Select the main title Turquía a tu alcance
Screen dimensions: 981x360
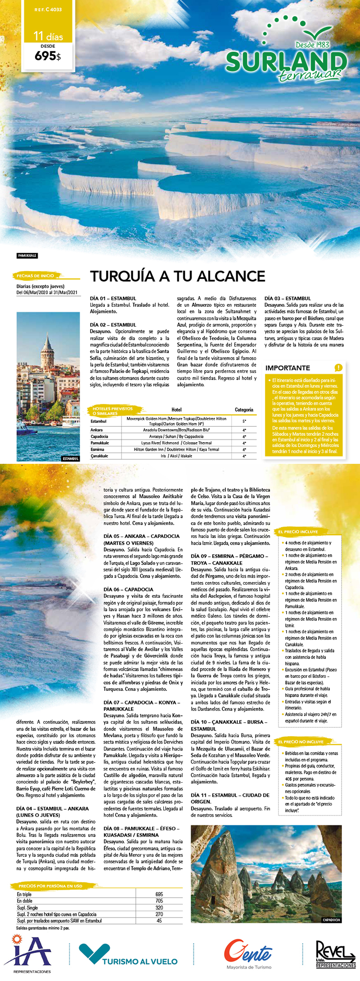[x=178, y=276]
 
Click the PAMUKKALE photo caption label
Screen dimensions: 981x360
[x=27, y=255]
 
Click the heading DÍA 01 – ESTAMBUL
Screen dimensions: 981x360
[x=113, y=298]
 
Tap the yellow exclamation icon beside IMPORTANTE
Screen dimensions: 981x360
[x=338, y=367]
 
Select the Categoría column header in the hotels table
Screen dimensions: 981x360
[x=244, y=410]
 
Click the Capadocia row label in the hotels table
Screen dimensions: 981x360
[x=99, y=436]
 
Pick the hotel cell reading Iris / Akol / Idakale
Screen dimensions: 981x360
[x=176, y=456]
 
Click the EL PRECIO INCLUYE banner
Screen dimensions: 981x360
[x=298, y=532]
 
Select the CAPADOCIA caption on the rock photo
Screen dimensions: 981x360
[x=331, y=920]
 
